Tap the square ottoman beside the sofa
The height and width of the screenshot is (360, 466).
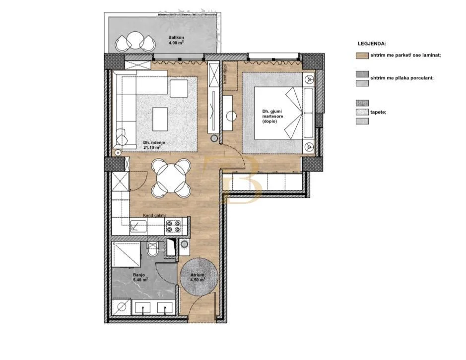(x=179, y=89)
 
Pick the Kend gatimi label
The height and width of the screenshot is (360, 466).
(x=154, y=215)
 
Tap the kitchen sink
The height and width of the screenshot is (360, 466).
(x=136, y=227)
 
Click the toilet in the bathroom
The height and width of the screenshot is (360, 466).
(x=153, y=249)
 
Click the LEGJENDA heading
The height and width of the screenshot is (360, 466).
(x=372, y=44)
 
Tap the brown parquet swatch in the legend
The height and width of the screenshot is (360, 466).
(x=362, y=56)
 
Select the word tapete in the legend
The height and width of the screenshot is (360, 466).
(x=378, y=112)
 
